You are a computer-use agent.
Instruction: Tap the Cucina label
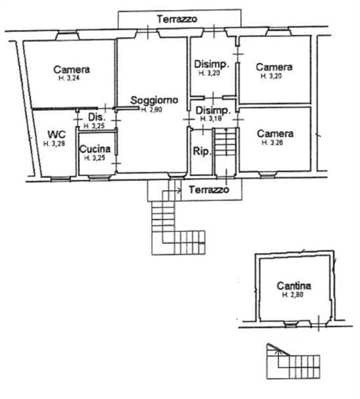point(95,149)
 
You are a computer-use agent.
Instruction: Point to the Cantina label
point(293,286)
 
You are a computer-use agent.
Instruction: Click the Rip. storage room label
point(201,152)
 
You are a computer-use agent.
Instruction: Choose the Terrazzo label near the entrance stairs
point(209,190)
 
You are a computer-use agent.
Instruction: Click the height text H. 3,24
point(71,79)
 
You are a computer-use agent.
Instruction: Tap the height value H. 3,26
point(274,142)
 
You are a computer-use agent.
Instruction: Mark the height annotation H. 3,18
point(211,119)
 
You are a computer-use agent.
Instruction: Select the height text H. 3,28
point(54,143)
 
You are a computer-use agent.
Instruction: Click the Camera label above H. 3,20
point(274,67)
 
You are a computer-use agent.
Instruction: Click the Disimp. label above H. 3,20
point(211,64)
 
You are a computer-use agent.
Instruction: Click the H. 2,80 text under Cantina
point(294,295)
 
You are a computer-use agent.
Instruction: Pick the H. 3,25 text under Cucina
point(95,158)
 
